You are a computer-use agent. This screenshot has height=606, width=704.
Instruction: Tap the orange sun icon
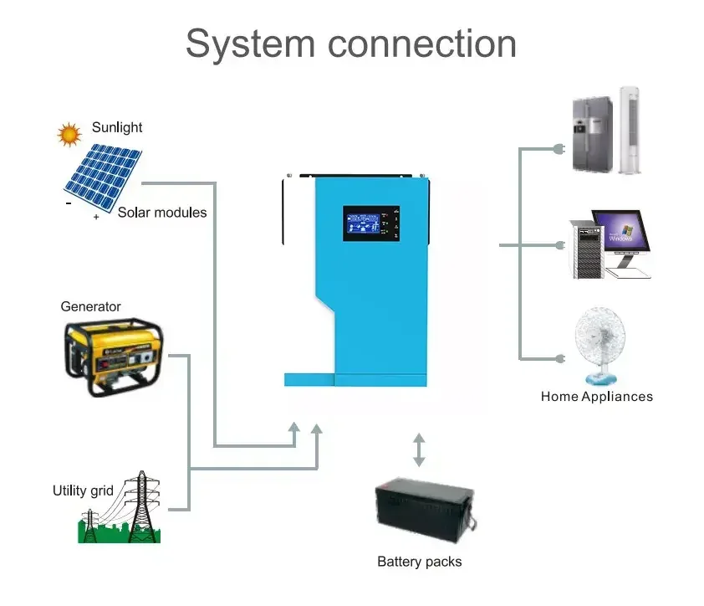pos(69,133)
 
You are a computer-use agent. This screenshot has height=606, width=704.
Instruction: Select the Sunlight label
pos(117,127)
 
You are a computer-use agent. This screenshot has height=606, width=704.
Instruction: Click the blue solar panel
pos(101,177)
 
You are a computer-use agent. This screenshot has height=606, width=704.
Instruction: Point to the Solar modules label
pos(161,213)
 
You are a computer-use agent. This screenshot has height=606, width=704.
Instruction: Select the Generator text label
pos(90,306)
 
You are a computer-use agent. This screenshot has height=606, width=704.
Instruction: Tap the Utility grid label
pos(82,490)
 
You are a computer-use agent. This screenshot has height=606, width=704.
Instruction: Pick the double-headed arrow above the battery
pos(419,449)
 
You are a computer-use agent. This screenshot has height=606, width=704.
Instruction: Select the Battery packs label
pos(419,562)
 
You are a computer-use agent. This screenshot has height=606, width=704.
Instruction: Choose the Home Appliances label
pos(596,397)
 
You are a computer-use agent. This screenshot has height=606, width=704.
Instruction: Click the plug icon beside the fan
pos(559,358)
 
